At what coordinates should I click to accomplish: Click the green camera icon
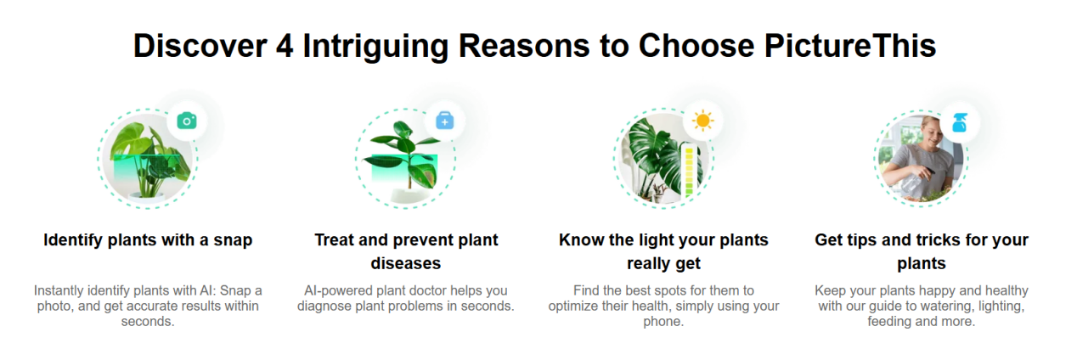click(187, 121)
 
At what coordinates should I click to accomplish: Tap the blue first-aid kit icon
click(444, 121)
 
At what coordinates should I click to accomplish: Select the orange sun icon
click(702, 121)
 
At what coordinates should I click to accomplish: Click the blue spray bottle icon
click(959, 122)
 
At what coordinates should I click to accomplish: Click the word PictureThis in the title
click(850, 46)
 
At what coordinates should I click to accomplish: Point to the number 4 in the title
click(285, 46)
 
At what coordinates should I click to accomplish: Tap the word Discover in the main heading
click(200, 46)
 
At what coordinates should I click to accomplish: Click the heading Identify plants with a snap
click(148, 239)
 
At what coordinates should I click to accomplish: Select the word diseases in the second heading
click(406, 263)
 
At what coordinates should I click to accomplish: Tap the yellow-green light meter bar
click(689, 172)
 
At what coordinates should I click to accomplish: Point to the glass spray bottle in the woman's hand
click(914, 182)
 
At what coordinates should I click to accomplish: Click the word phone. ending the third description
click(663, 322)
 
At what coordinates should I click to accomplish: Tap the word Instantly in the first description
click(59, 290)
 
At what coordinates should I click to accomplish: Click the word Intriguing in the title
click(375, 46)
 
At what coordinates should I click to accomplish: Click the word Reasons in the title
click(524, 46)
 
